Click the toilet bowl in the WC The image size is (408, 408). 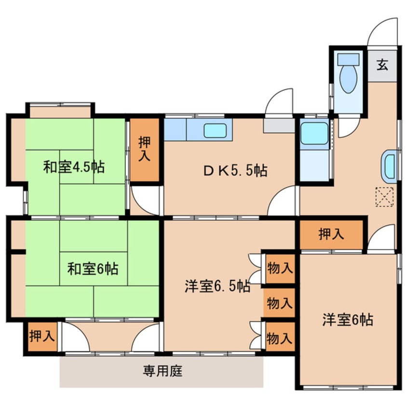[x=348, y=79]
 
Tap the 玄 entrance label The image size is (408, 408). [x=382, y=65]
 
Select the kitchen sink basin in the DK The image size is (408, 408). [x=215, y=130]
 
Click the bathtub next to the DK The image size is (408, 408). [x=314, y=134]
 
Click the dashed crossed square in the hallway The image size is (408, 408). [x=384, y=197]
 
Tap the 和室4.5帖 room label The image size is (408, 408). [x=74, y=167]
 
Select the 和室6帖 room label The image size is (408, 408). [x=93, y=269]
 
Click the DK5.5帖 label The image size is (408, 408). [x=235, y=171]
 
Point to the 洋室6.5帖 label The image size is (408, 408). [x=218, y=286]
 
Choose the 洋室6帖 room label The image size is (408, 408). [x=348, y=320]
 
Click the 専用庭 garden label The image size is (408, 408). [x=163, y=371]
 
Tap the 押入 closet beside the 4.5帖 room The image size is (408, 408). [x=144, y=150]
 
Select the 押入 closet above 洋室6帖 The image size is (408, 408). [x=331, y=234]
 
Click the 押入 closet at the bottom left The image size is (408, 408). [x=42, y=337]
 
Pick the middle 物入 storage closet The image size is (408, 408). [x=279, y=303]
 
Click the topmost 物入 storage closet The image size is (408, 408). [x=280, y=269]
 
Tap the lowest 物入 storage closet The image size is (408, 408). [x=280, y=337]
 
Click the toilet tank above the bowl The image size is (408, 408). [x=348, y=59]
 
